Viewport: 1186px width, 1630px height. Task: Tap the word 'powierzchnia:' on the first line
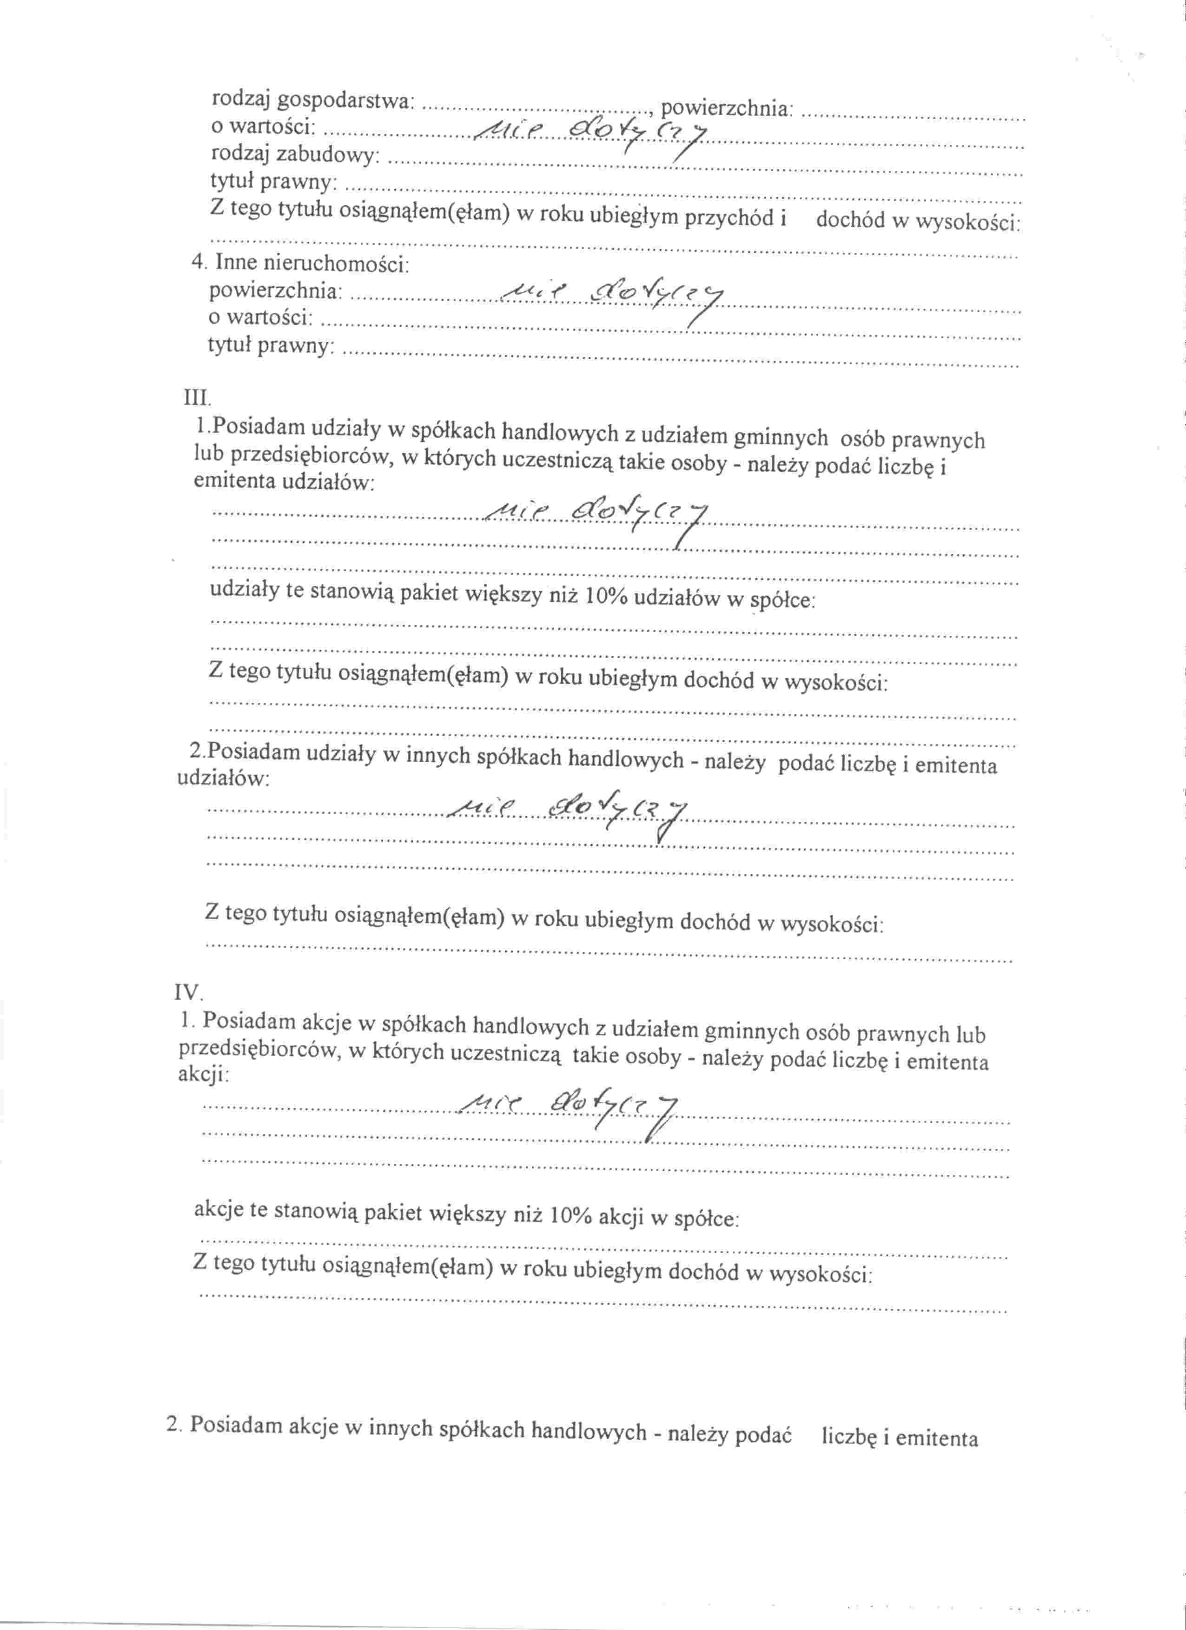(x=727, y=108)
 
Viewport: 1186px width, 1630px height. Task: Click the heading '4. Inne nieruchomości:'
(x=300, y=263)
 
